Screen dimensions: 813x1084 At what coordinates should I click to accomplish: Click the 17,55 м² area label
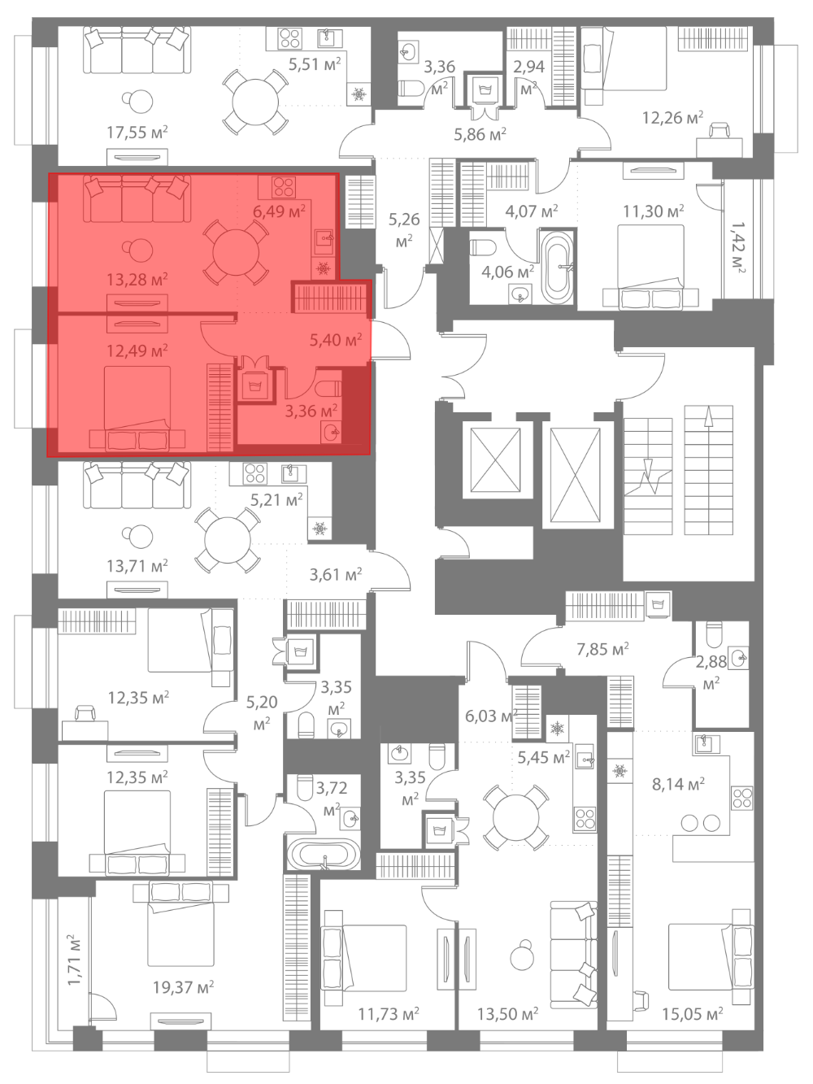137,133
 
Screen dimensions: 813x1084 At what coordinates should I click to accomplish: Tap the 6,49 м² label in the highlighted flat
279,211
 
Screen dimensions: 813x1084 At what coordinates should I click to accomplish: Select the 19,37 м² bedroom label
183,987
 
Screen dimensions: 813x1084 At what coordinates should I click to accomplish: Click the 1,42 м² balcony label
738,247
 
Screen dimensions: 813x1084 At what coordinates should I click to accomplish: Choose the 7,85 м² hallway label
602,649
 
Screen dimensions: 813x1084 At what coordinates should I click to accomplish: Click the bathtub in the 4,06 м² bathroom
559,267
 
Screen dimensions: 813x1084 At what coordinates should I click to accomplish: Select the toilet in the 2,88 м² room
714,634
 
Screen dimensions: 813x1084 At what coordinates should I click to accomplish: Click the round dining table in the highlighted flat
236,253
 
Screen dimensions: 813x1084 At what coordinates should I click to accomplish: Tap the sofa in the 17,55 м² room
137,50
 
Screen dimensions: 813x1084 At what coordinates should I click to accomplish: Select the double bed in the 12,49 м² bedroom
137,408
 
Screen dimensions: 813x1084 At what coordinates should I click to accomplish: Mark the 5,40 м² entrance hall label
336,340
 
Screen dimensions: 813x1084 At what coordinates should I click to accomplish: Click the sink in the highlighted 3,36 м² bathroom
331,433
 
